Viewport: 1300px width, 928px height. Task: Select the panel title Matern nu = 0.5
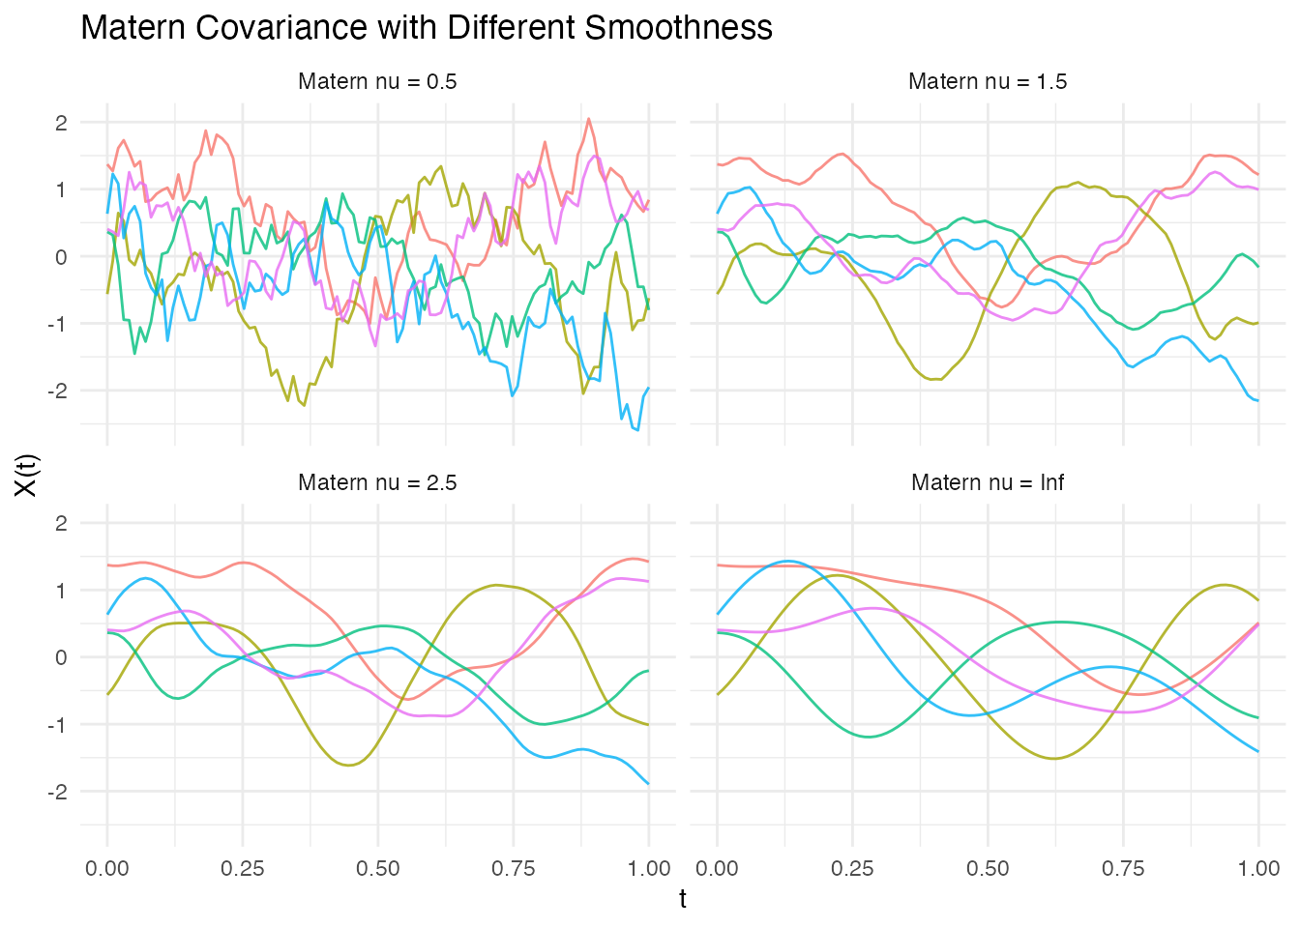pyautogui.click(x=377, y=81)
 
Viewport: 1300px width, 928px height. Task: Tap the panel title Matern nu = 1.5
pyautogui.click(x=988, y=81)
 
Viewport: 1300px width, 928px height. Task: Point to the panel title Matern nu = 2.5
pyautogui.click(x=377, y=482)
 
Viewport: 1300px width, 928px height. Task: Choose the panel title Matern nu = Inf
pyautogui.click(x=988, y=482)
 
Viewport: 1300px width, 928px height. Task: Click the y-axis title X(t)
pyautogui.click(x=26, y=473)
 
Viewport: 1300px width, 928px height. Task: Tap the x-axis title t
pyautogui.click(x=683, y=899)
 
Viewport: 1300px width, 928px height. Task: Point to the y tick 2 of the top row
pyautogui.click(x=61, y=123)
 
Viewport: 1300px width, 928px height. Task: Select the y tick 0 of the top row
pyautogui.click(x=61, y=257)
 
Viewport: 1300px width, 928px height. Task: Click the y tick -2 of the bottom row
pyautogui.click(x=57, y=792)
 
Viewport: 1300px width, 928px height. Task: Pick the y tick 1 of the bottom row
pyautogui.click(x=61, y=591)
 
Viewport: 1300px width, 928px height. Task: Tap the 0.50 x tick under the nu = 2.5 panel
pyautogui.click(x=377, y=868)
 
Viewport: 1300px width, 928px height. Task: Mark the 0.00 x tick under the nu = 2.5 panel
pyautogui.click(x=107, y=868)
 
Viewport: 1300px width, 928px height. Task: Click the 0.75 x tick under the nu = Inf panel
pyautogui.click(x=1123, y=868)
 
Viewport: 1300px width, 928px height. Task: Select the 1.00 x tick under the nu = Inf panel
pyautogui.click(x=1258, y=868)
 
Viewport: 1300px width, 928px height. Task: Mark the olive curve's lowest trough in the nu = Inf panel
pyautogui.click(x=1054, y=759)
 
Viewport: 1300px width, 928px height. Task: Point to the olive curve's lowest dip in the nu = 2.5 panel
pyautogui.click(x=348, y=766)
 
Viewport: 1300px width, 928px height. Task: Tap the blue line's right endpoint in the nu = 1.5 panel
pyautogui.click(x=1258, y=400)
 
